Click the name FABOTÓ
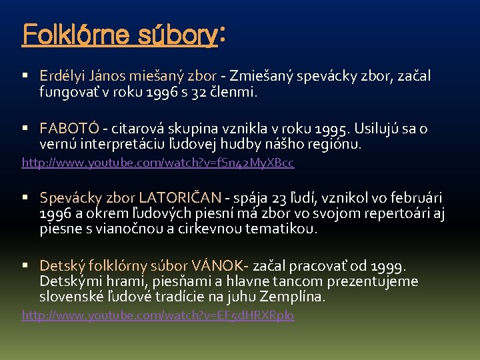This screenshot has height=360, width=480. [69, 128]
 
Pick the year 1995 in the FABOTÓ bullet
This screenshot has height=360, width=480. [317, 128]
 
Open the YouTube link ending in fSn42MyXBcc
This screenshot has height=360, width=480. [158, 162]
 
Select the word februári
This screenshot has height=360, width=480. [416, 198]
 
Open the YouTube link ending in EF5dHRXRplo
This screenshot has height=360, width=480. [158, 315]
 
